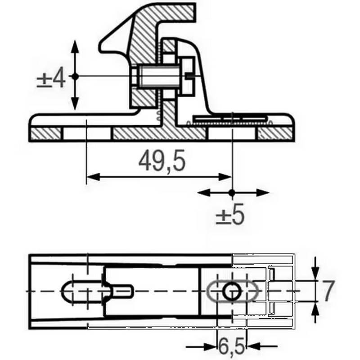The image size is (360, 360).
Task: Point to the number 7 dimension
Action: (x=328, y=290)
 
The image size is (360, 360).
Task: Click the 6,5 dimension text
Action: (x=231, y=346)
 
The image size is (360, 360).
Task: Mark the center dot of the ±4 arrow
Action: (x=75, y=77)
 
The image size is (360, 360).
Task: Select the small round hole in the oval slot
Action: (x=232, y=291)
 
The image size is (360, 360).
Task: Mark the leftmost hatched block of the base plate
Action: (x=45, y=134)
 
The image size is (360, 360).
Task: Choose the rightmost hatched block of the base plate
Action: (x=276, y=134)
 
